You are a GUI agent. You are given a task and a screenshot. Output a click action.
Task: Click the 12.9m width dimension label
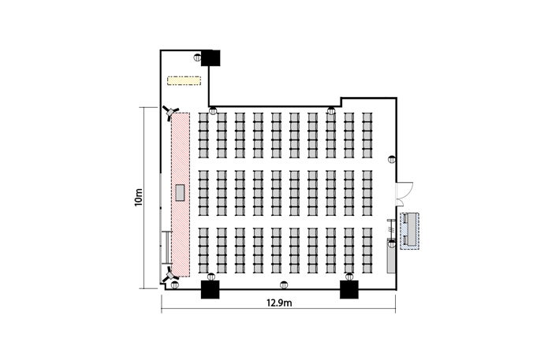279,303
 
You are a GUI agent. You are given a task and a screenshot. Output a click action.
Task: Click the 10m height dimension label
138,198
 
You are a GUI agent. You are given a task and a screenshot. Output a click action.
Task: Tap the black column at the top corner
211,58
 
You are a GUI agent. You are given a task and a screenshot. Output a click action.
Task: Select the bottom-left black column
210,289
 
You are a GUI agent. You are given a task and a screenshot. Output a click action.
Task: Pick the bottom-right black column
349,289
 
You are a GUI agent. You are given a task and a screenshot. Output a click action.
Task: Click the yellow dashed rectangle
184,80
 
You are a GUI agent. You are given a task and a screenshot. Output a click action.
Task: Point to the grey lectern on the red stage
180,193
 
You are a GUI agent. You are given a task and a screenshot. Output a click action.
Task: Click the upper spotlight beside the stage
170,113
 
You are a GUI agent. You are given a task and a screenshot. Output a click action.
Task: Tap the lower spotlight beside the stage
170,276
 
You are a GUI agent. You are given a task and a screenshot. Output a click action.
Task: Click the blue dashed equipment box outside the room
409,231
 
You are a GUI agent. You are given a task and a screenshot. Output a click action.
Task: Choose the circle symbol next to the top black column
197,58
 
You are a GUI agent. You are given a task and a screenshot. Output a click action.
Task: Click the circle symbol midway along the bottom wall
284,285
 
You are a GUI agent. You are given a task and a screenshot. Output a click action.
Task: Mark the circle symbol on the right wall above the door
392,159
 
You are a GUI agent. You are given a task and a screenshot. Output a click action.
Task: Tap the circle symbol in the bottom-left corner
174,285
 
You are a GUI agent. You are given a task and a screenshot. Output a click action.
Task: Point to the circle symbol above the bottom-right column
349,276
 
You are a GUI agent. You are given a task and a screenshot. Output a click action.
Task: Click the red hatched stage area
181,195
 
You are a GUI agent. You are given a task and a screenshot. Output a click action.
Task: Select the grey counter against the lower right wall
391,256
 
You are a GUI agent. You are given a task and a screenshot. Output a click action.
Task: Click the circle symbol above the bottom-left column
211,276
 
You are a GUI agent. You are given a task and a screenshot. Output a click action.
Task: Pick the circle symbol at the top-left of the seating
213,110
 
